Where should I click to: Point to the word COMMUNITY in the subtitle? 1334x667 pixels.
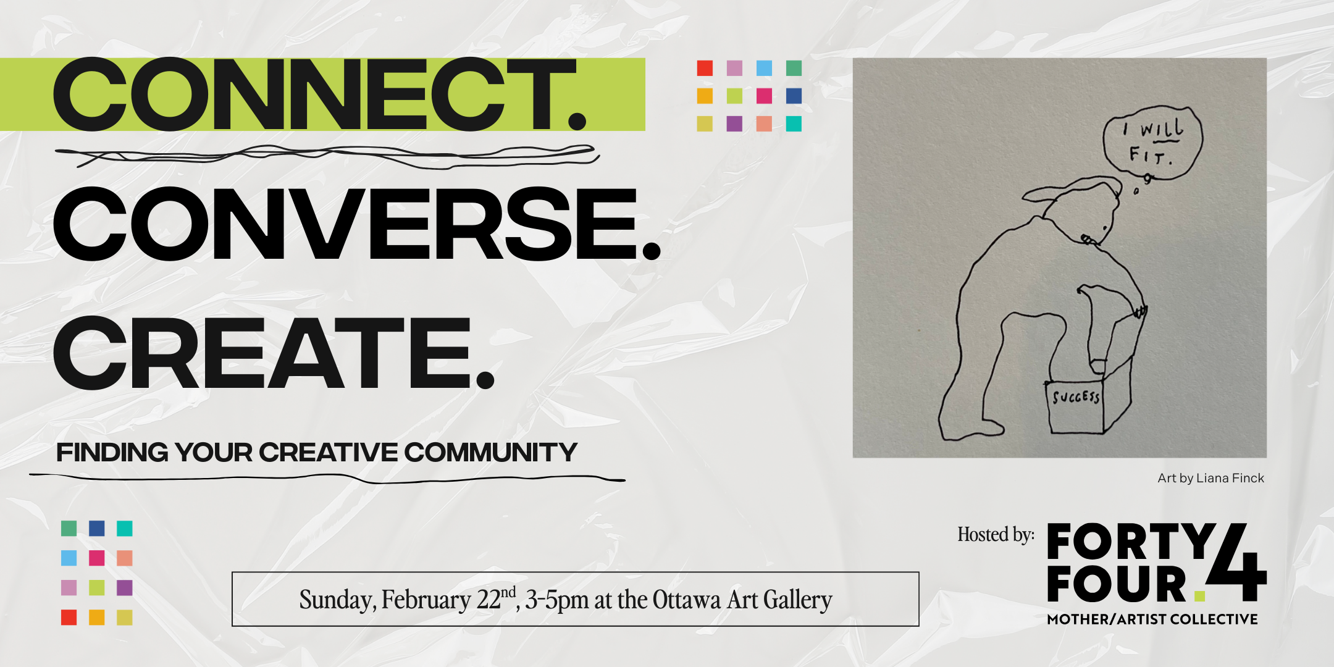click(491, 453)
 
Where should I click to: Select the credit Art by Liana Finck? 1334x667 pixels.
click(1210, 478)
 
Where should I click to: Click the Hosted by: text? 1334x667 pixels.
click(996, 535)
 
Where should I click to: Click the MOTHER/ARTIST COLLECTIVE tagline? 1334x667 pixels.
click(1152, 619)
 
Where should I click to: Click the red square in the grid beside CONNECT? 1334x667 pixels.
click(705, 68)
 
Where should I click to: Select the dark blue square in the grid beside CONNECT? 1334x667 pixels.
click(794, 96)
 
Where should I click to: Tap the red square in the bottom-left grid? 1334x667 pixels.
click(69, 617)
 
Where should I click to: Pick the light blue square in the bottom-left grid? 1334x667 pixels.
click(69, 558)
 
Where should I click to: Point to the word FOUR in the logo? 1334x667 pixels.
click(1117, 584)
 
